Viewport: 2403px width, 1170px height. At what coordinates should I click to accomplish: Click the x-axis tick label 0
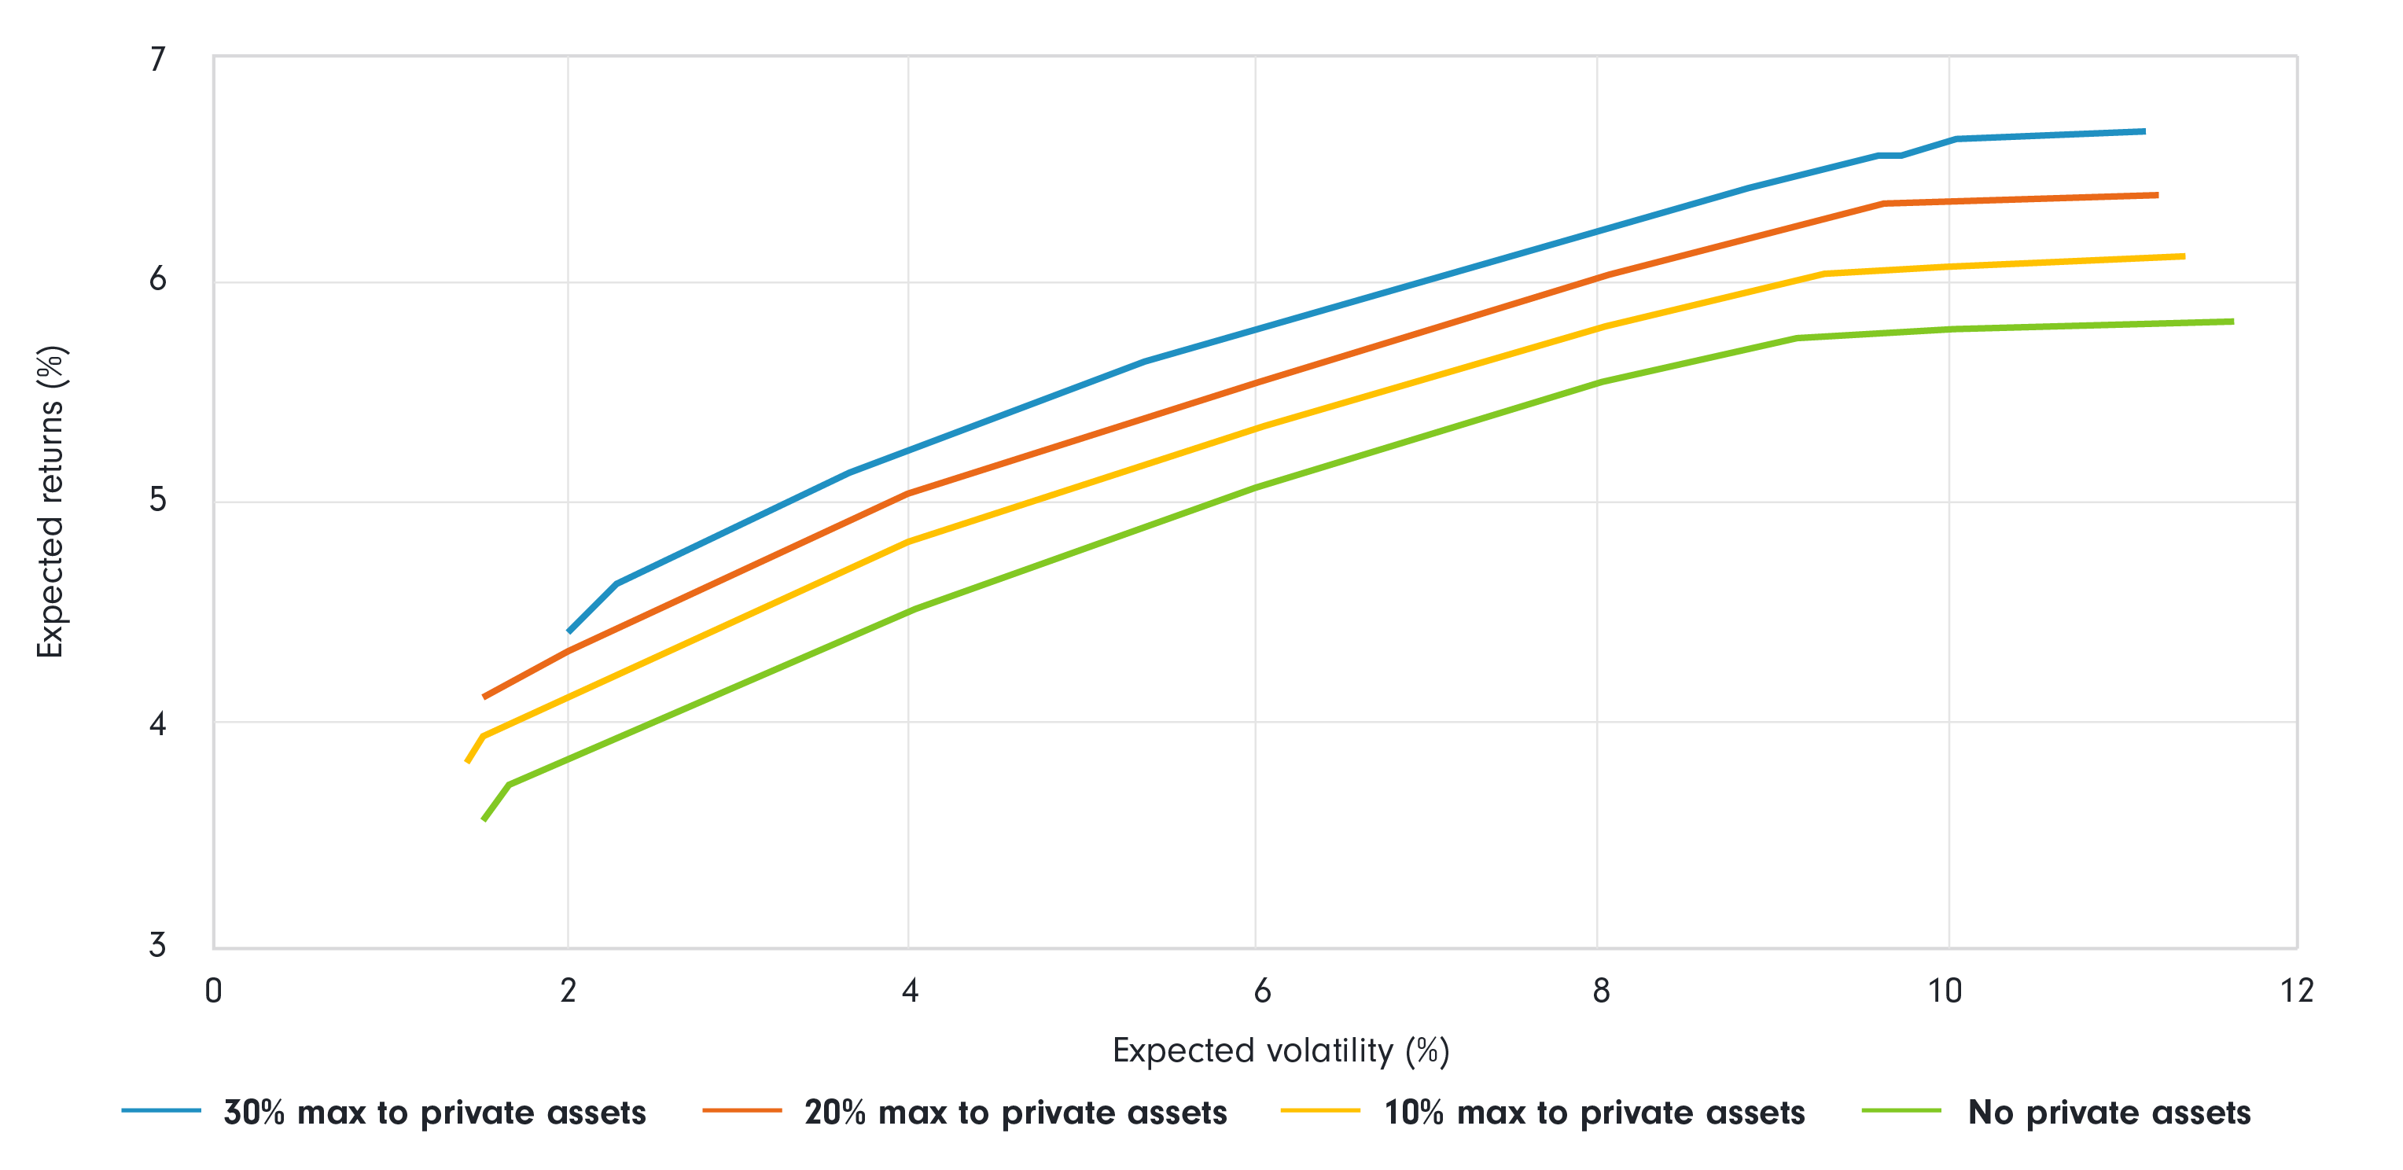coord(214,991)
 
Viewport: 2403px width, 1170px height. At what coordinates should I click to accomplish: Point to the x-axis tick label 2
coord(568,991)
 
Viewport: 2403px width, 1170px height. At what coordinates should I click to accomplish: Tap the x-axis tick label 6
coord(1262,991)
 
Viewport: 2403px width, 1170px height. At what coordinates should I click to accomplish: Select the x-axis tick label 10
coord(1945,991)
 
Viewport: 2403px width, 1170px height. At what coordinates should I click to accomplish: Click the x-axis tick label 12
coord(2297,991)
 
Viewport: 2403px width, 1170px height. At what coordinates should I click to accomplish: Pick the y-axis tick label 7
coord(157,60)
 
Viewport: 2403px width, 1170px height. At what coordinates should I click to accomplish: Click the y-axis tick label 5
coord(157,500)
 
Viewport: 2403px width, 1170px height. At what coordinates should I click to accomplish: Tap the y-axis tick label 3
coord(157,945)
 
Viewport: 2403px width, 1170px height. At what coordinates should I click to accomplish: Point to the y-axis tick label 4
coord(157,723)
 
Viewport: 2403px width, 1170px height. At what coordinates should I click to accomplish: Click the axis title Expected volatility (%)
coord(1281,1051)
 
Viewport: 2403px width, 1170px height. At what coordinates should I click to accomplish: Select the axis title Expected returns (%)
coord(51,501)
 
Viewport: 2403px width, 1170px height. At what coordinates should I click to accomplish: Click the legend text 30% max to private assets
coord(435,1112)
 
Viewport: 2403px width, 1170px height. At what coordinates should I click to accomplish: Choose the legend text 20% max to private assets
coord(1015,1112)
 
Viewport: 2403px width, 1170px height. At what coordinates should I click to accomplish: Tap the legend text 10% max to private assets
coord(1594,1112)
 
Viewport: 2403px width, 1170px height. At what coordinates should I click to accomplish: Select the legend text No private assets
coord(2109,1112)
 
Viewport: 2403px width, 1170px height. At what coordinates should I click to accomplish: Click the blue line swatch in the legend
coord(161,1110)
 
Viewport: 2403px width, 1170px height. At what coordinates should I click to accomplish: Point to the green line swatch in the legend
coord(1901,1110)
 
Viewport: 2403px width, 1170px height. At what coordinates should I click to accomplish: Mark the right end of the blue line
coord(2144,131)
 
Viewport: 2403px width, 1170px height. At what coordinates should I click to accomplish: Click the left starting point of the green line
coord(484,819)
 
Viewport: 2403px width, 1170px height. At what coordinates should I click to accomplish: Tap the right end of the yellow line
coord(2184,256)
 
